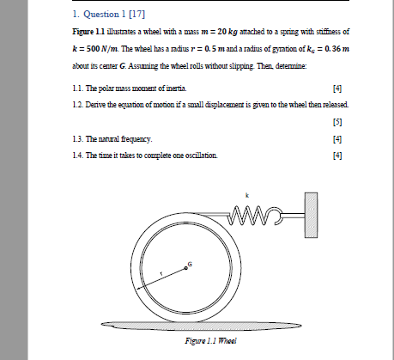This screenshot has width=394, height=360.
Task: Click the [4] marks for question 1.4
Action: point(337,155)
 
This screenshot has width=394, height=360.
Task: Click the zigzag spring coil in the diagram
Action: point(254,212)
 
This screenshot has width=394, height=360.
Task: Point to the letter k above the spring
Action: point(248,195)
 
